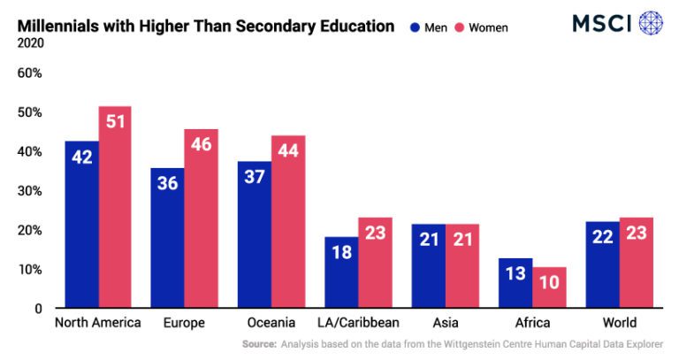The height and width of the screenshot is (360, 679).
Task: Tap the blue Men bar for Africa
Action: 515,283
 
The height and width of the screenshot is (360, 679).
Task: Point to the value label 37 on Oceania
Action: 254,178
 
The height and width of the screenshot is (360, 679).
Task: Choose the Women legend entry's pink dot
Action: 459,27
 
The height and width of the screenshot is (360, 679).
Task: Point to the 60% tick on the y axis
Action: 30,73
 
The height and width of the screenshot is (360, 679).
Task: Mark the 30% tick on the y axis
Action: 30,191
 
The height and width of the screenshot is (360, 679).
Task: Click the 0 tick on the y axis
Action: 37,309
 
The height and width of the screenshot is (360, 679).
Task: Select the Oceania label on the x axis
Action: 271,323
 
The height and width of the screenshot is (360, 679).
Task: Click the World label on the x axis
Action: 619,323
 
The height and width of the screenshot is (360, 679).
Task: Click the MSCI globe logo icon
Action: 651,22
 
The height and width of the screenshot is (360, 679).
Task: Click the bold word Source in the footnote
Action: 258,343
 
